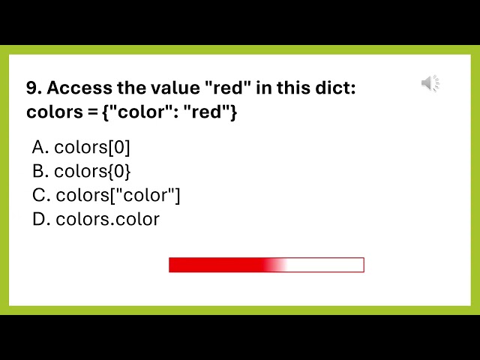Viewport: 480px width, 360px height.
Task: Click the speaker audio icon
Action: [430, 83]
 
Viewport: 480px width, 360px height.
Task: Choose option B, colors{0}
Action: [82, 172]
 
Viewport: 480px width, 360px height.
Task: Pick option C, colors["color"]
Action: [106, 196]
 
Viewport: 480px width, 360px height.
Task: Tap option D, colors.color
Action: [96, 220]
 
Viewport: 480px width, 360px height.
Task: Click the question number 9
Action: [33, 88]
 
